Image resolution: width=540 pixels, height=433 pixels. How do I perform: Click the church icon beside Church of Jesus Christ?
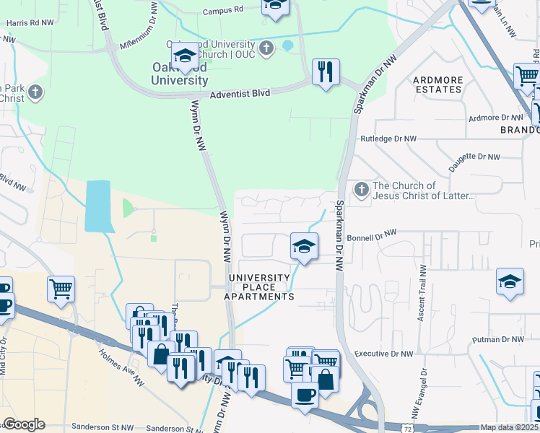[x=361, y=191]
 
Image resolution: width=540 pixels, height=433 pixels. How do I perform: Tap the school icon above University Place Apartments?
[x=304, y=247]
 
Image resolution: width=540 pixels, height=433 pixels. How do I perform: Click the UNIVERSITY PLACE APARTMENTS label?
[x=259, y=287]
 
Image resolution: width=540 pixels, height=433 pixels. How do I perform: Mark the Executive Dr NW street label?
[x=383, y=354]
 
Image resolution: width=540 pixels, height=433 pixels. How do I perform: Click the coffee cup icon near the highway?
[x=304, y=395]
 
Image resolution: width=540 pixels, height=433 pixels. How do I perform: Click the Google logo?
[x=24, y=424]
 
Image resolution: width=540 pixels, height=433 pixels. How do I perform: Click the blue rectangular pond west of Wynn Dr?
[x=98, y=206]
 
